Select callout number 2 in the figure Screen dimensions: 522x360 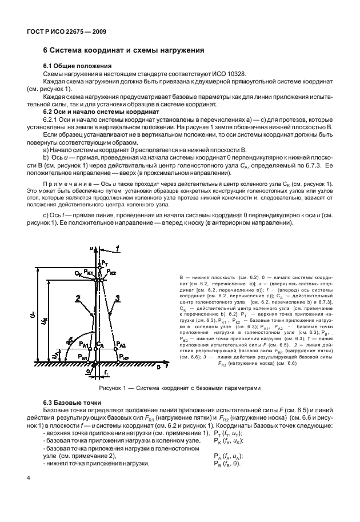click(75, 297)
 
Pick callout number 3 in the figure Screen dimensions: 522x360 click(117, 297)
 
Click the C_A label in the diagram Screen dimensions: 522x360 click(101, 346)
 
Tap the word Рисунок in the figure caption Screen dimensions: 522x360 click(113, 388)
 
